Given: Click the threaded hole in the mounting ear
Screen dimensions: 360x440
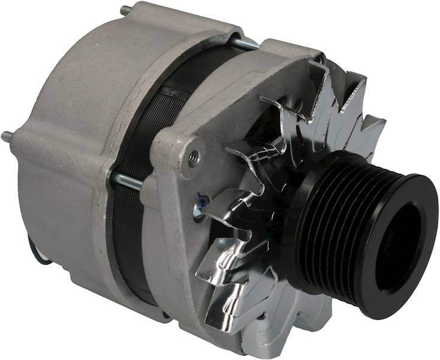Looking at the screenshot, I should click(194, 158).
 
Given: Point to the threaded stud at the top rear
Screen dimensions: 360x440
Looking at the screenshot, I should click(126, 11).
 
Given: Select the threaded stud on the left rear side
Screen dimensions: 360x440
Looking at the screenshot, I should click(8, 136).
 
